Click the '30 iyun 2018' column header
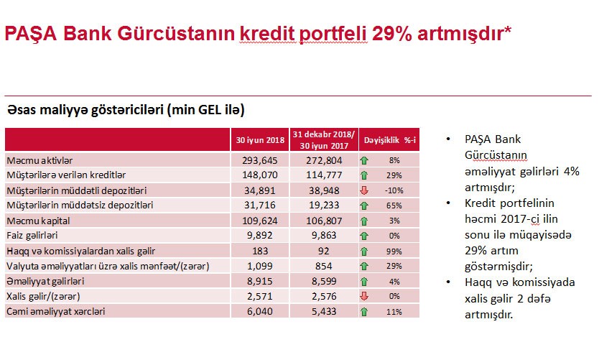point(261,139)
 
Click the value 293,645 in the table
point(261,160)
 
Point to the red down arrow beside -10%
point(365,190)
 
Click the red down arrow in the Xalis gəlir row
point(365,296)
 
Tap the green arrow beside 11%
point(365,311)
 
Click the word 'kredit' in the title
point(265,34)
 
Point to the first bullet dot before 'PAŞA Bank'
point(449,139)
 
